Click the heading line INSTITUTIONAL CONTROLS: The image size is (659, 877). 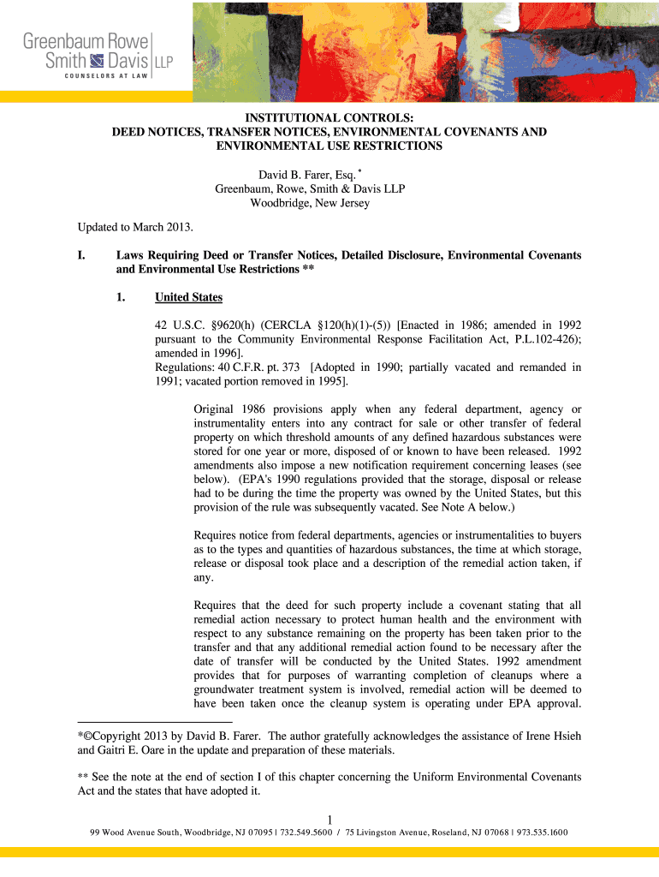(329, 118)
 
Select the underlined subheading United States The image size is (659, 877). (188, 297)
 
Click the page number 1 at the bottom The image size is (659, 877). (329, 818)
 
